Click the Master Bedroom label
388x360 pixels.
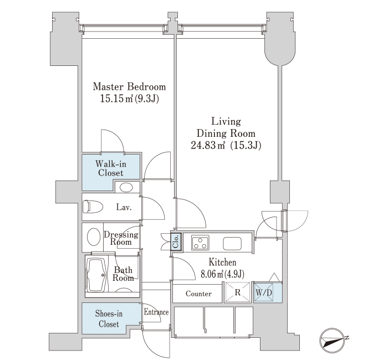(x=129, y=87)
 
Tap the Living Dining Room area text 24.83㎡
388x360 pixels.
(x=208, y=145)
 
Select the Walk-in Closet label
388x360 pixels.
(x=111, y=168)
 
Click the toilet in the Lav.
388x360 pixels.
(x=93, y=207)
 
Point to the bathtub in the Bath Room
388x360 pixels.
(x=97, y=275)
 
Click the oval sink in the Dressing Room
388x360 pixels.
(x=94, y=236)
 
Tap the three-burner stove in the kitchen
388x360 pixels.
(x=200, y=243)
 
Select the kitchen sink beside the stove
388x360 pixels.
(x=232, y=244)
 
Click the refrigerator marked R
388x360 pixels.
(x=238, y=292)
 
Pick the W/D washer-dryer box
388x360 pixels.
(x=264, y=292)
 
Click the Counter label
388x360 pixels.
(x=198, y=294)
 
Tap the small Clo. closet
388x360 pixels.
(x=176, y=241)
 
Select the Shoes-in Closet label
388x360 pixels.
(x=109, y=318)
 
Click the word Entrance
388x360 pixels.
(x=156, y=312)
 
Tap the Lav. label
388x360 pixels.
(x=124, y=207)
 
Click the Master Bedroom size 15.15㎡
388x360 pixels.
(x=117, y=99)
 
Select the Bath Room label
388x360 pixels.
(x=123, y=274)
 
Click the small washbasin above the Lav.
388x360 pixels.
(x=126, y=187)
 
